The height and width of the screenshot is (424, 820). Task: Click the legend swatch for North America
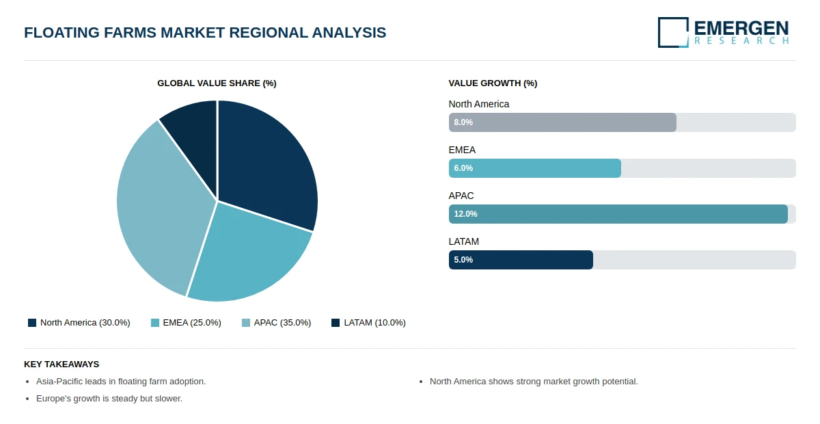[x=32, y=323]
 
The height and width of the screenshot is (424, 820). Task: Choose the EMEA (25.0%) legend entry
[x=186, y=323]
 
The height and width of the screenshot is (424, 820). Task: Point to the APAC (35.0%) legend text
[x=283, y=323]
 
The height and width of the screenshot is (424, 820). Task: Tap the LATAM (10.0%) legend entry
[x=368, y=323]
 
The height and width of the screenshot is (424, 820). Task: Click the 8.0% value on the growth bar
[x=463, y=122]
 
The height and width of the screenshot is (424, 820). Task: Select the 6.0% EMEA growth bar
[x=535, y=168]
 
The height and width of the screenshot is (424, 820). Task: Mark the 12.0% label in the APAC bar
[x=465, y=214]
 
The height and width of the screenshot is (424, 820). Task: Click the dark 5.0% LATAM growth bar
[x=521, y=260]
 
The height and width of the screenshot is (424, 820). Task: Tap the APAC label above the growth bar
[x=461, y=196]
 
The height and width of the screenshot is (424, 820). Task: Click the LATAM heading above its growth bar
[x=464, y=241]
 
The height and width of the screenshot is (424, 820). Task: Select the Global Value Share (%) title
[x=217, y=83]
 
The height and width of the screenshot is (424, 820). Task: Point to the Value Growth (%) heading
[x=493, y=83]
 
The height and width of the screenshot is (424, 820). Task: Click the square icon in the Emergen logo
[x=673, y=32]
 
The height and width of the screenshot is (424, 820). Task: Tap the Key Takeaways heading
[x=61, y=365]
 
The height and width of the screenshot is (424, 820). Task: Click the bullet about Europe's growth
[x=109, y=398]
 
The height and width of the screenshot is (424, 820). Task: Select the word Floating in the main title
[x=61, y=32]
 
